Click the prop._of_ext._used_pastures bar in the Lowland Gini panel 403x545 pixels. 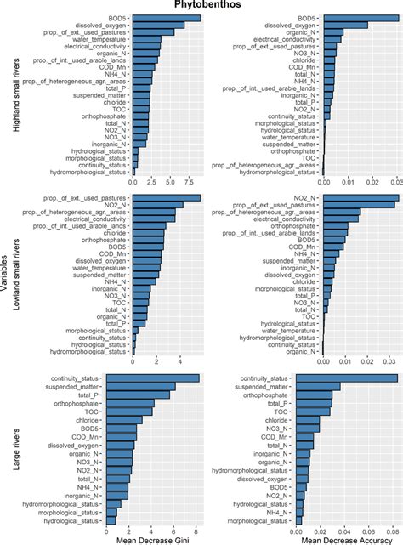(x=167, y=198)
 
